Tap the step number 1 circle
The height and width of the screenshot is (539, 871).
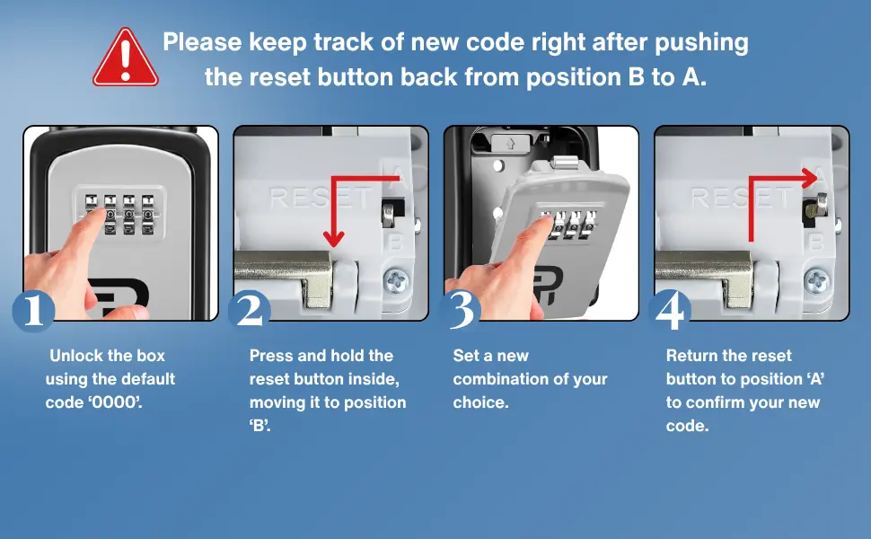click(33, 311)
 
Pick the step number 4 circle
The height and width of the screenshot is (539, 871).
click(670, 311)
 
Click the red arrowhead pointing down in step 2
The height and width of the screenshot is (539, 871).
click(334, 238)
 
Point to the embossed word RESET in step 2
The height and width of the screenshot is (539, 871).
click(320, 199)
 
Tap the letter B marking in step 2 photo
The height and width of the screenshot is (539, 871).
click(393, 241)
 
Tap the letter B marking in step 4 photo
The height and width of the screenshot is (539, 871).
click(815, 241)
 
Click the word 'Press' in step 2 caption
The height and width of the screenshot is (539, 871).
click(269, 356)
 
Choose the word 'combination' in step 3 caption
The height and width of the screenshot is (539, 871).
click(493, 379)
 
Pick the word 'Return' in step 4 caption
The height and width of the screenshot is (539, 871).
click(691, 356)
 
